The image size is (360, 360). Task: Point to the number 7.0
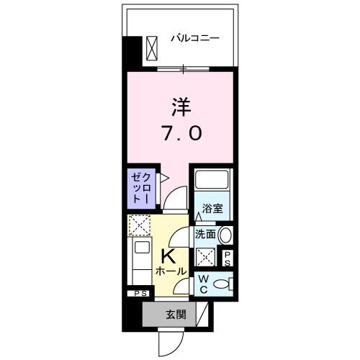click(181, 134)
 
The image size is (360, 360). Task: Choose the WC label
click(204, 284)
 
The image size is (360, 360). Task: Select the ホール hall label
click(171, 271)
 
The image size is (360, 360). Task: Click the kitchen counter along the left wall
click(138, 263)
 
